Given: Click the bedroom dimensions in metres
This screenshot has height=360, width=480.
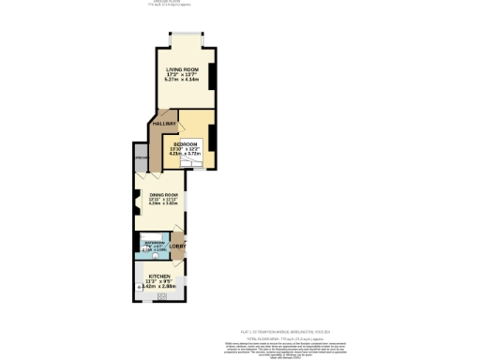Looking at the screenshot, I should pyautogui.click(x=185, y=156).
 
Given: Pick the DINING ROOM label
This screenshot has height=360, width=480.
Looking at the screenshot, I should pyautogui.click(x=162, y=194).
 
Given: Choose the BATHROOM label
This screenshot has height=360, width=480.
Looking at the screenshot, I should pyautogui.click(x=155, y=242).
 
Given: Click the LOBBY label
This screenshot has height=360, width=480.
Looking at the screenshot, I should pyautogui.click(x=177, y=247).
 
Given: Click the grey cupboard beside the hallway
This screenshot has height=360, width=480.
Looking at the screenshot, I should pyautogui.click(x=140, y=159).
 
